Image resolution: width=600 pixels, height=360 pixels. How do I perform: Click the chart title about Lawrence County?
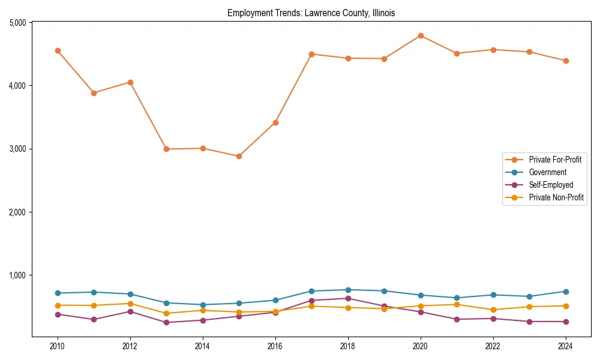(311, 13)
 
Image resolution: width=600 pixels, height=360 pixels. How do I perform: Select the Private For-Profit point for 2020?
(421, 36)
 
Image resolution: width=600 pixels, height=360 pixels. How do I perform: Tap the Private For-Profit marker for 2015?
(239, 157)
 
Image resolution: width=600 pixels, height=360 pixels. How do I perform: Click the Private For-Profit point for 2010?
(58, 51)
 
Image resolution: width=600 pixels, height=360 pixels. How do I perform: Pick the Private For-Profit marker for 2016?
(275, 122)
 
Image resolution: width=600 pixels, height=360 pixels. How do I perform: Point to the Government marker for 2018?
(348, 290)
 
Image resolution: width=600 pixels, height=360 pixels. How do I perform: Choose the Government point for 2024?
(566, 292)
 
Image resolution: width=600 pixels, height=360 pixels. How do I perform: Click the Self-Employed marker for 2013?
(166, 323)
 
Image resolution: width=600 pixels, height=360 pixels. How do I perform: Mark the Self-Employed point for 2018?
(348, 299)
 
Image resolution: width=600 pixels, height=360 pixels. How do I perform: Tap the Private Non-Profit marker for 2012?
(130, 304)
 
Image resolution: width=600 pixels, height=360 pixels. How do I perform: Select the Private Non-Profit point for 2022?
(493, 310)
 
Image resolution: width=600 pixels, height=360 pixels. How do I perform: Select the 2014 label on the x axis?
(203, 346)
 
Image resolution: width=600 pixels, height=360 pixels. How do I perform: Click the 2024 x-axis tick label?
(566, 346)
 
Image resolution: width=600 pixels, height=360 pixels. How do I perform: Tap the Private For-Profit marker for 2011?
(94, 93)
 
